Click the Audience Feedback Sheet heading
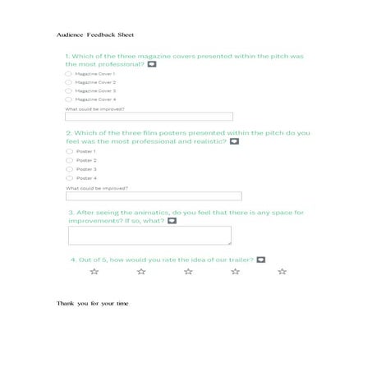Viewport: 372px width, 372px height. click(x=95, y=36)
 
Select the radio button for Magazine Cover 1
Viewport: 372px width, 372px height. click(x=68, y=74)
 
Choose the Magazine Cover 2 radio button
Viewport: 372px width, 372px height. click(x=68, y=82)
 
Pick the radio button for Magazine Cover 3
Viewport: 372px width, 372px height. click(x=68, y=90)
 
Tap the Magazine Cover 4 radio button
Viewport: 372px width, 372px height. click(x=68, y=99)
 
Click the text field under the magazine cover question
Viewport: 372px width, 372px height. click(x=149, y=117)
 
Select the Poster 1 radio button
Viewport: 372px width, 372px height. click(x=69, y=151)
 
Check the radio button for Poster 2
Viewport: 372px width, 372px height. click(x=69, y=160)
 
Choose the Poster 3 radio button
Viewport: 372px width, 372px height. click(x=69, y=169)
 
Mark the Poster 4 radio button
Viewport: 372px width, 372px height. click(x=69, y=177)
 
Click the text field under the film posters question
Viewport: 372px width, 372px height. click(x=154, y=196)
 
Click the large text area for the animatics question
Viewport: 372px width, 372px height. click(x=149, y=236)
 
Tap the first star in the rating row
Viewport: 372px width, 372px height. click(x=94, y=271)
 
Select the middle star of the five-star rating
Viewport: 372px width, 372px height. click(x=188, y=271)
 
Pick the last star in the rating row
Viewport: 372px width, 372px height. click(x=282, y=271)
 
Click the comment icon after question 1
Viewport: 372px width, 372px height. click(x=152, y=64)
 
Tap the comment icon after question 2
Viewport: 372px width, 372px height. click(x=234, y=141)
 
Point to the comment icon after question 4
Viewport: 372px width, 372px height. click(x=261, y=259)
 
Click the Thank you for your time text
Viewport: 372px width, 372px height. click(x=93, y=303)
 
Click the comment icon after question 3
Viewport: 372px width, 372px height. click(x=172, y=220)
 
